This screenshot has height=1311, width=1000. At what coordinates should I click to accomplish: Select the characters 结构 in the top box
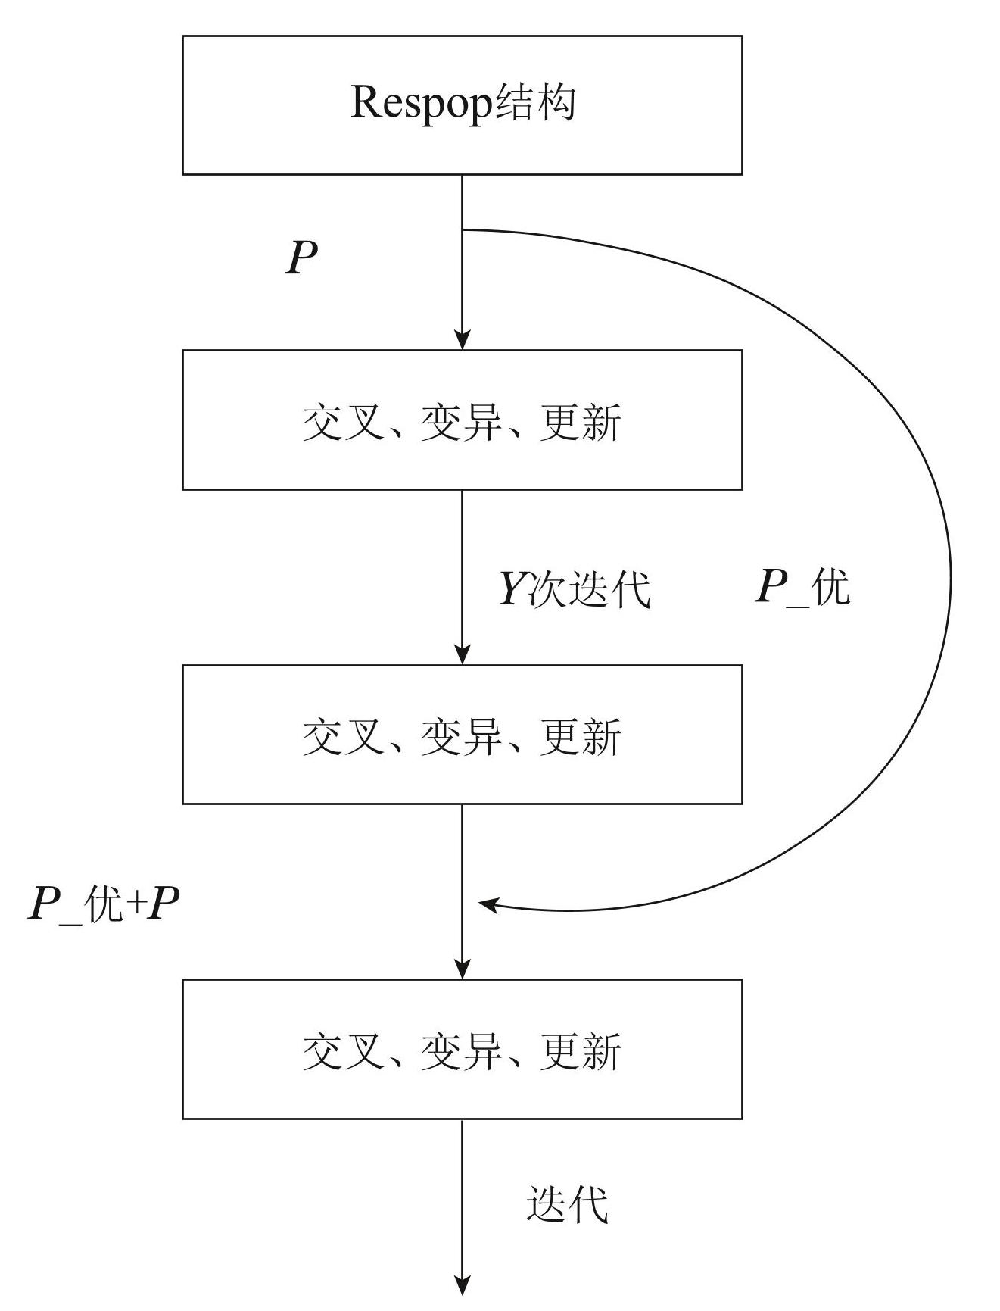[x=535, y=103]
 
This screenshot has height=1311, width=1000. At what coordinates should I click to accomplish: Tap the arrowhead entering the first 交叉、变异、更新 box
[x=462, y=339]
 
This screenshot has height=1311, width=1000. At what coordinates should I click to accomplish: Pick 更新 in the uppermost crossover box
[x=580, y=422]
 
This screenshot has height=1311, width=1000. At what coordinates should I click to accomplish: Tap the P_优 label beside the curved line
[x=802, y=587]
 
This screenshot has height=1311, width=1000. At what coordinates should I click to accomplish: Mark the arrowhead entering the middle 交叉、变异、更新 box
[x=462, y=654]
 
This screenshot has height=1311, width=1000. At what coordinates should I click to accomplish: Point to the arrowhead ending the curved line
[x=488, y=904]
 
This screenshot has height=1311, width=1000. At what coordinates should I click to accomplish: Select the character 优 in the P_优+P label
[x=104, y=904]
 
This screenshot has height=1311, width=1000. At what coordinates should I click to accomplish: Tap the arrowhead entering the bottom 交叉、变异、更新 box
[x=462, y=969]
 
